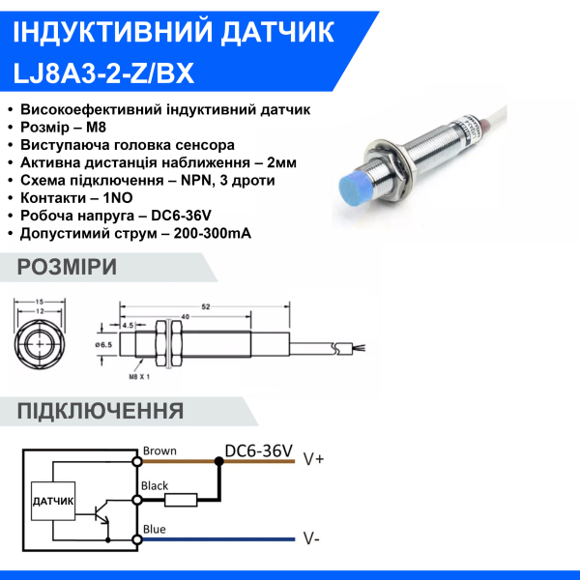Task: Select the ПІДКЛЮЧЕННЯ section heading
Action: point(101,411)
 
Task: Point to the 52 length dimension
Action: point(206,306)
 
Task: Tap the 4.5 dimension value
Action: point(128,326)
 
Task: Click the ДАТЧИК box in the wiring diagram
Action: point(53,501)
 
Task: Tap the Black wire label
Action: point(156,486)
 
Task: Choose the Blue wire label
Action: point(154,529)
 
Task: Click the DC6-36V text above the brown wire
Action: point(258,450)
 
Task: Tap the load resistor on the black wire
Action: point(182,500)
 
